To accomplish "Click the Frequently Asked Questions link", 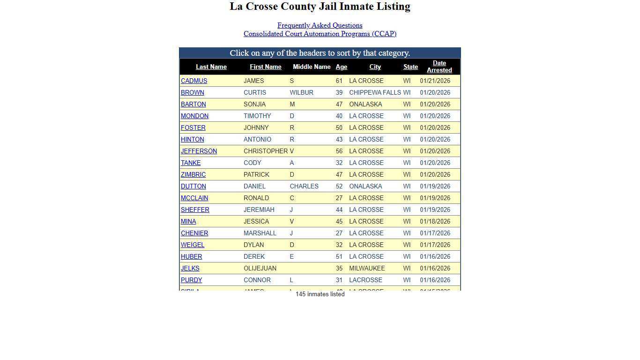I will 320,25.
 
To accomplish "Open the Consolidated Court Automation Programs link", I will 320,34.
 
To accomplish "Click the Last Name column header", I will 211,67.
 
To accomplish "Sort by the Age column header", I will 341,67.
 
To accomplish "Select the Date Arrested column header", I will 439,67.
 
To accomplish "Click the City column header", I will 375,67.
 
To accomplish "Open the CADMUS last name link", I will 194,81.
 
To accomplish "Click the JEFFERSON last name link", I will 199,151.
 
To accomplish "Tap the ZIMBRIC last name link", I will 193,175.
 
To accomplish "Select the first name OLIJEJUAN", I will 260,269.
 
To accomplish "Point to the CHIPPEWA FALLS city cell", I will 375,93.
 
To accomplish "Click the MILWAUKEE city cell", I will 367,269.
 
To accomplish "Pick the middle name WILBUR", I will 301,93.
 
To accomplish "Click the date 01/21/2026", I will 435,81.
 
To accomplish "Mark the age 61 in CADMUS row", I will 339,81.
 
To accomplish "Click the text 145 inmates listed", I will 320,294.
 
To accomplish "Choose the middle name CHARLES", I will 304,187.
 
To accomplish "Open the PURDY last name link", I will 191,280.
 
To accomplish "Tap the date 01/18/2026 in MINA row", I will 435,222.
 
